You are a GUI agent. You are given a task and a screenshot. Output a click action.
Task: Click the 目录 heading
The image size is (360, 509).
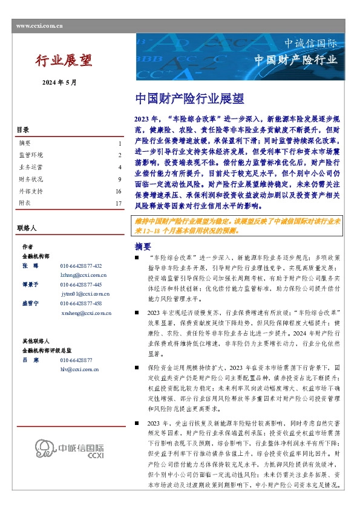pyautogui.click(x=22, y=129)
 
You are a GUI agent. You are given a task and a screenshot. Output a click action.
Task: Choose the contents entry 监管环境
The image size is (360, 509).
pyautogui.click(x=31, y=155)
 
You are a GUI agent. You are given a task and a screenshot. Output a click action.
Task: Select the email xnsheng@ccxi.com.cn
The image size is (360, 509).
pyautogui.click(x=86, y=313)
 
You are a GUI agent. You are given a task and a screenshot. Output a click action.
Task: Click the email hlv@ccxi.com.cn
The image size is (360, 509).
pyautogui.click(x=79, y=368)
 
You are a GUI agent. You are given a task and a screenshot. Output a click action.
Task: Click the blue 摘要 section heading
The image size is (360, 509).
pyautogui.click(x=142, y=247)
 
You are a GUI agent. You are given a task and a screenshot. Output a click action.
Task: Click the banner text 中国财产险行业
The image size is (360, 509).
pyautogui.click(x=295, y=60)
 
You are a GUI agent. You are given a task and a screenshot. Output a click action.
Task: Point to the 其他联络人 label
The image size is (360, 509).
pyautogui.click(x=34, y=340)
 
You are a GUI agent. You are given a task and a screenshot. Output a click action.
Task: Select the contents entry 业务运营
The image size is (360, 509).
pyautogui.click(x=31, y=167)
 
